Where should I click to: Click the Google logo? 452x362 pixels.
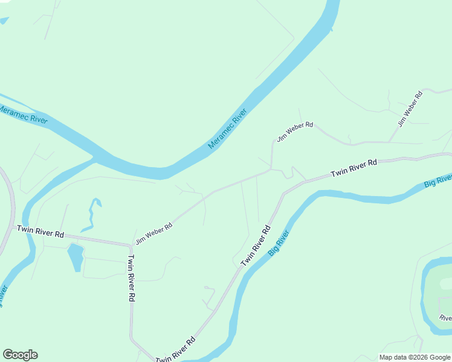[x=21, y=355]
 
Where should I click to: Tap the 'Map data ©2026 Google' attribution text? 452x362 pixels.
[x=415, y=357]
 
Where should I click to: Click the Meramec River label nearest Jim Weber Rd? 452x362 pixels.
[x=228, y=129]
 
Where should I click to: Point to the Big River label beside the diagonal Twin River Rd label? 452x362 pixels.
[x=279, y=243]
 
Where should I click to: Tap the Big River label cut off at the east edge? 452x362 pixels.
[x=438, y=180]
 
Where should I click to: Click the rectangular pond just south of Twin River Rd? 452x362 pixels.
[x=76, y=256]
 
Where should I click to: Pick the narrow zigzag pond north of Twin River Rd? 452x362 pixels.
[x=92, y=215]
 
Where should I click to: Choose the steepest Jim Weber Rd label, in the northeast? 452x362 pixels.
[x=410, y=109]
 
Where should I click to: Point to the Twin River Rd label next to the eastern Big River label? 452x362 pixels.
[x=354, y=168]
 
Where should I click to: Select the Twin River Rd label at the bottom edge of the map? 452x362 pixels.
[x=175, y=350]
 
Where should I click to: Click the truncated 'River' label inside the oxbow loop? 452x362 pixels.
[x=445, y=317]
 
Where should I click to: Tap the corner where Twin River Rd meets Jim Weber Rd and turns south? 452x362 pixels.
[x=131, y=245]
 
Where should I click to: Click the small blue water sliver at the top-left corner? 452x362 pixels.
[x=4, y=21]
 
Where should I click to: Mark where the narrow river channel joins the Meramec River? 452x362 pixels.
[x=95, y=159]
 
